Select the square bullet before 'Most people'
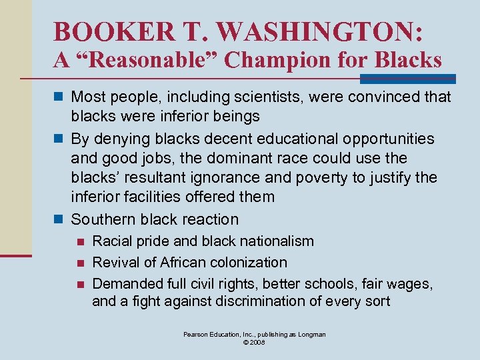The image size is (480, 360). [59, 97]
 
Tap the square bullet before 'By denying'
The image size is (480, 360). [59, 139]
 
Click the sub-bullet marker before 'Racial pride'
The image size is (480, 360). [80, 241]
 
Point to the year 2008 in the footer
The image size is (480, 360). [259, 343]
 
